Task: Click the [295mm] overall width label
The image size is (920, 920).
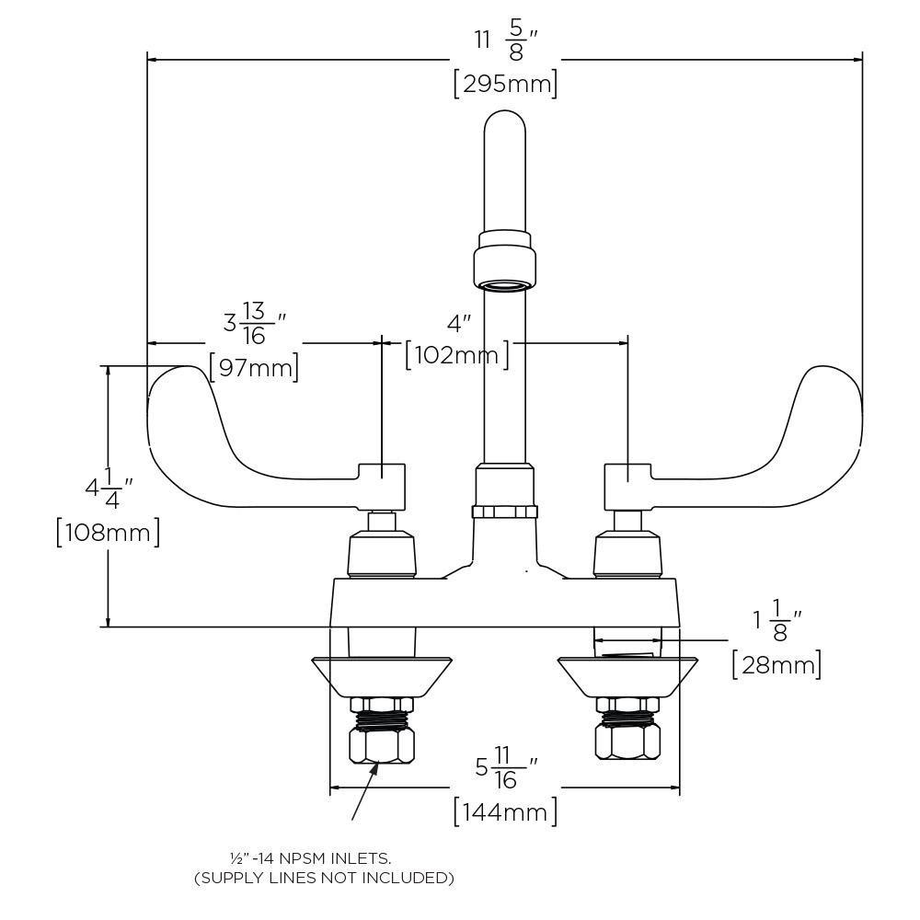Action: point(505,85)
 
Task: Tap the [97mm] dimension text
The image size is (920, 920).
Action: point(254,368)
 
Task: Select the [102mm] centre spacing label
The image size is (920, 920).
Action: point(456,354)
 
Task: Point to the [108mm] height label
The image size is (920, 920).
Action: point(108,533)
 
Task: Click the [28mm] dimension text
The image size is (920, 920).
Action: point(776,663)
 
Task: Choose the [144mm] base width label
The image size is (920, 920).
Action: point(505,811)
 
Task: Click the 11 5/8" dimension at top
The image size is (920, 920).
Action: point(505,41)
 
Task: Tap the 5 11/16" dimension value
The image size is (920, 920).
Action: point(505,766)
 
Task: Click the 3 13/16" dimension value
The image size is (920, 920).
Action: point(254,324)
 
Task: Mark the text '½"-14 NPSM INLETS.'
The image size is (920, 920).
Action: point(310,857)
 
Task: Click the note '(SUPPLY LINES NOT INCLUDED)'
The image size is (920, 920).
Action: point(324,878)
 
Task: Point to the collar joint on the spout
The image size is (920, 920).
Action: point(504,260)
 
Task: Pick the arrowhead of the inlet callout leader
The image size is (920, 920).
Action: point(375,768)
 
